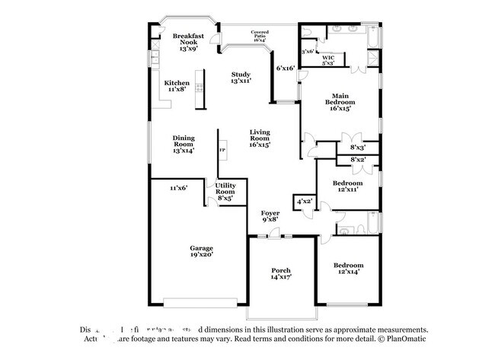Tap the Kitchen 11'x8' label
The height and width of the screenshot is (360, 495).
click(177, 86)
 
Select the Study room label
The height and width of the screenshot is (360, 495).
click(241, 77)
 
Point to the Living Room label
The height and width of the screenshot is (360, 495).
click(260, 138)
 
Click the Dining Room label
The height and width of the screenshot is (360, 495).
click(184, 144)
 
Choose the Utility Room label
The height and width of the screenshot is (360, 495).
click(225, 191)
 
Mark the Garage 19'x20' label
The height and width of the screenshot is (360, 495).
click(201, 252)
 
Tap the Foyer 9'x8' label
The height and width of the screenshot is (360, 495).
click(270, 215)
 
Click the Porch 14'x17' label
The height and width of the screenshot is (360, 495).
click(281, 274)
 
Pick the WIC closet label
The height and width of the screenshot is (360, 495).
click(328, 60)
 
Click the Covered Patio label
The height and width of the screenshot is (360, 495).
click(260, 36)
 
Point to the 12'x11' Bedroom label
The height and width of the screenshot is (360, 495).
click(346, 186)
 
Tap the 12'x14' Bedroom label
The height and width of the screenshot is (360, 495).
click(346, 269)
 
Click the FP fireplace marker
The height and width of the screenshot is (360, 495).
click(222, 150)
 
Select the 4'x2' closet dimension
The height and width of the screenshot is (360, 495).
click(305, 201)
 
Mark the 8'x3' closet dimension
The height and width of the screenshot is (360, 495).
click(358, 147)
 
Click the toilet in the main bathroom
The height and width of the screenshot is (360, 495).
click(306, 32)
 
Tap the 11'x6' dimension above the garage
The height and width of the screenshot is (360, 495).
click(178, 186)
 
